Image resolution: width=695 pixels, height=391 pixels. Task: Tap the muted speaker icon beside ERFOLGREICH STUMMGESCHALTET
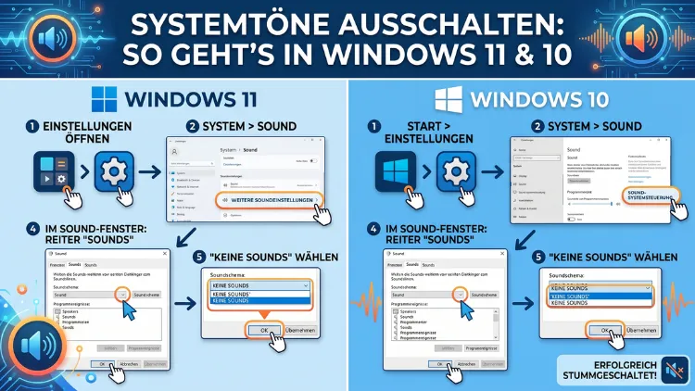(676, 368)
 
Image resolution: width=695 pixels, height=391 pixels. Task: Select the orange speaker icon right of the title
(640, 40)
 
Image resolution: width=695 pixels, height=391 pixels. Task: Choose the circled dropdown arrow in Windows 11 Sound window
(123, 294)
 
